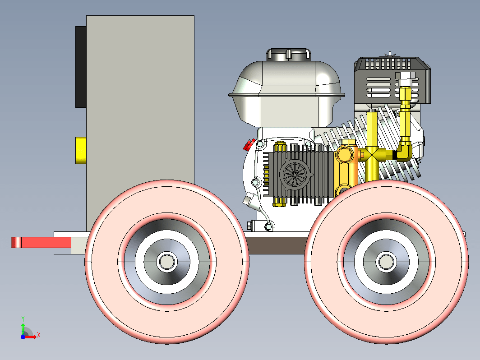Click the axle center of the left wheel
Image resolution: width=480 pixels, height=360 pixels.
(166, 261)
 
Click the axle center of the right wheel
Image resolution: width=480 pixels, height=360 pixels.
(386, 261)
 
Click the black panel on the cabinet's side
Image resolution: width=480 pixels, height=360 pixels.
(81, 67)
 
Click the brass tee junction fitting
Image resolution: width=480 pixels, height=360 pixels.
(373, 155)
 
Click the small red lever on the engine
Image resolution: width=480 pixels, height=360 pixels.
(248, 145)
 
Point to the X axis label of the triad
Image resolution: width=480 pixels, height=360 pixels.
(39, 335)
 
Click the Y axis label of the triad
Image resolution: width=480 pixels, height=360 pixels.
(23, 318)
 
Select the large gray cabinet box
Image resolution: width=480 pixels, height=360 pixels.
(140, 113)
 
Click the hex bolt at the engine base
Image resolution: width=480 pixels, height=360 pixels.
(249, 225)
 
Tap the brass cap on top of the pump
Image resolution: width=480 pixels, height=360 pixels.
(280, 147)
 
